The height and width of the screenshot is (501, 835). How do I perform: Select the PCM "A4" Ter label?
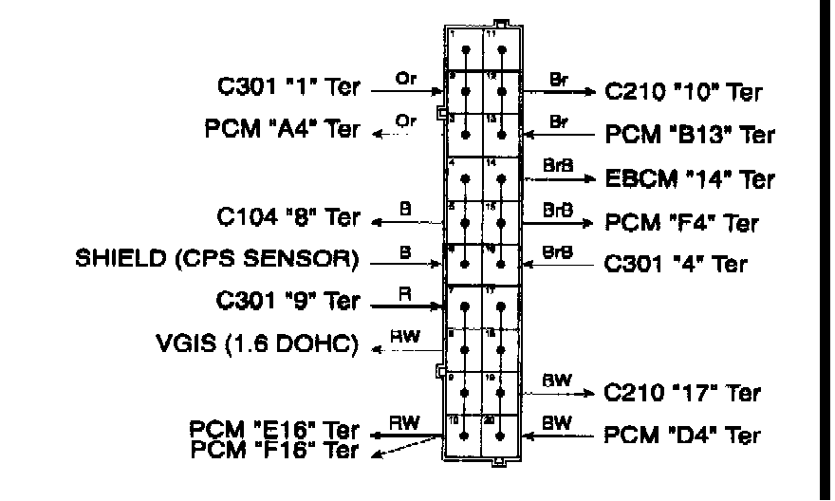click(283, 130)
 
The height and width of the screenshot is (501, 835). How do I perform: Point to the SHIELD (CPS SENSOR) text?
click(217, 259)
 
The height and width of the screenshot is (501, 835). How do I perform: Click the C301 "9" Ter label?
click(289, 302)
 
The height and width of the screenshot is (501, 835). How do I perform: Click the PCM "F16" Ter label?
click(275, 449)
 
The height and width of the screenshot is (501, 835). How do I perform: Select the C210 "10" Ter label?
click(682, 92)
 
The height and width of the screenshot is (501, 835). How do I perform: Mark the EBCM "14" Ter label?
click(690, 178)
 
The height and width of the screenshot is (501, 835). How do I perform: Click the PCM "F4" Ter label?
click(682, 223)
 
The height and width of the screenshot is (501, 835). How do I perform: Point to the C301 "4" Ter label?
click(675, 264)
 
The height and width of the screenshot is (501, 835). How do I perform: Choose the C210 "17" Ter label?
click(682, 392)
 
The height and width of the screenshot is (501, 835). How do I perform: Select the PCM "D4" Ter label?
click(682, 436)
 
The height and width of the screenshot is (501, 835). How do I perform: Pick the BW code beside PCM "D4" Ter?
click(556, 424)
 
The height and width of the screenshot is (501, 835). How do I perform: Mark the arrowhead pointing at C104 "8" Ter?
click(377, 223)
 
